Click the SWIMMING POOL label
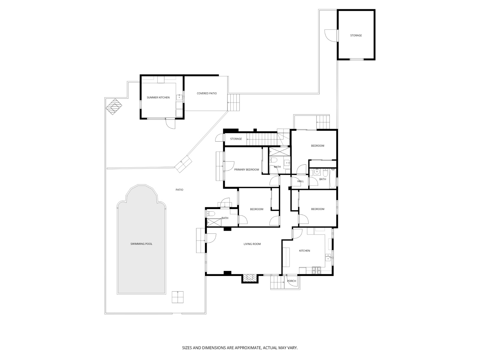[141, 244]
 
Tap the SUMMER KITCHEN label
[158, 97]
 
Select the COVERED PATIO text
[207, 93]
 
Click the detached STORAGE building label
[356, 35]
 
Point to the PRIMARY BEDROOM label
[246, 169]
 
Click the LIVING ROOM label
[252, 244]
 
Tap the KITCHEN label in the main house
[304, 250]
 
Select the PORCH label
[291, 281]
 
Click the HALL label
[300, 181]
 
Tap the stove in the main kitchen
[316, 270]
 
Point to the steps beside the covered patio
[234, 103]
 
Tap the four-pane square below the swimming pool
[178, 297]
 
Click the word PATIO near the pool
[179, 190]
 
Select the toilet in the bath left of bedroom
[211, 214]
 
